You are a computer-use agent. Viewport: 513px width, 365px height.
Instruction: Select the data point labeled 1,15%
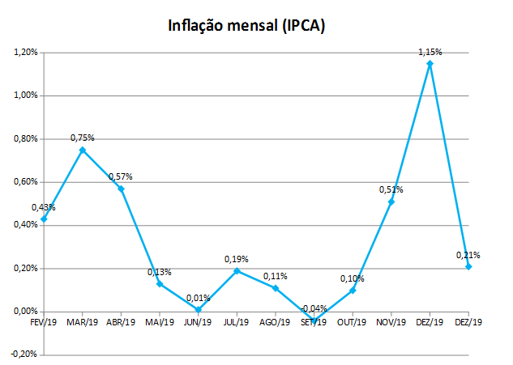tap(430, 63)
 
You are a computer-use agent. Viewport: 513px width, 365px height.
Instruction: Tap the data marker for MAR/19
tap(83, 150)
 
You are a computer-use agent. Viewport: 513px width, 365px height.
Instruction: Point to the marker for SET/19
tap(314, 320)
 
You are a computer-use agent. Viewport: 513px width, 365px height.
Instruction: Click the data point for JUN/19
tap(198, 309)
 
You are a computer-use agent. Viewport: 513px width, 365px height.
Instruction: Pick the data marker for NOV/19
tap(391, 202)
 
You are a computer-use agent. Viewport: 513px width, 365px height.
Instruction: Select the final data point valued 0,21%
tap(468, 266)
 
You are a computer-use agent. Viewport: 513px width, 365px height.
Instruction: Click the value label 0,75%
tap(83, 138)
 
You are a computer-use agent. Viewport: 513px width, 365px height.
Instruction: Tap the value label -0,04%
tap(313, 308)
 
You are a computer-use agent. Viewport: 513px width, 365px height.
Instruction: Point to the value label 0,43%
tap(44, 207)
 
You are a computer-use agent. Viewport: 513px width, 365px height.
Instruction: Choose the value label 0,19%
tap(236, 259)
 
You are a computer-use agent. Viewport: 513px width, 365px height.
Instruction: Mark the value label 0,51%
tap(391, 189)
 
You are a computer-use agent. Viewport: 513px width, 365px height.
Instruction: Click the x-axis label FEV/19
tap(44, 322)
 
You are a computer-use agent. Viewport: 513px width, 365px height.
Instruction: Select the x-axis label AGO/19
tap(275, 322)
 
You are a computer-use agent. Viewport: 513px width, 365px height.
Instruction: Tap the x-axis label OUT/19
tap(352, 322)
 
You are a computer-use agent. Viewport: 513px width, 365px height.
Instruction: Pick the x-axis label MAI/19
tap(160, 322)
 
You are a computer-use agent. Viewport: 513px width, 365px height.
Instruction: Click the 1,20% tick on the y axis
tap(26, 53)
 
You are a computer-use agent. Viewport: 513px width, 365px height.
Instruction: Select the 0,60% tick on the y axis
tap(26, 182)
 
